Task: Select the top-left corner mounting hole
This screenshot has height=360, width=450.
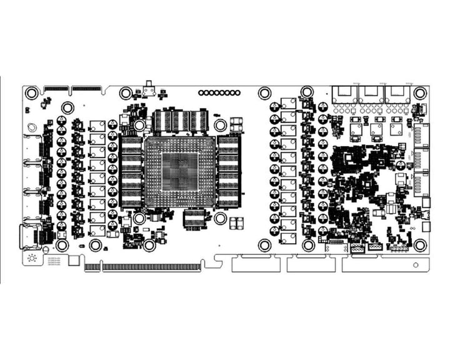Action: click(x=31, y=93)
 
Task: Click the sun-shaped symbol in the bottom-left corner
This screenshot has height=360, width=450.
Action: click(x=32, y=258)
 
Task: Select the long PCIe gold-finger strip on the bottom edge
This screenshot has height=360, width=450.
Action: click(x=152, y=267)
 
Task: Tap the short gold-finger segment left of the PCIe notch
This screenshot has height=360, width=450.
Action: click(x=92, y=267)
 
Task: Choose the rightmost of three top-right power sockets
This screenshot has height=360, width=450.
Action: click(x=398, y=94)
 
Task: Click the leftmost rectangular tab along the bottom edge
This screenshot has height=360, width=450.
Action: click(x=255, y=264)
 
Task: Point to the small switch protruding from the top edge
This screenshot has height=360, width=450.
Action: click(x=149, y=89)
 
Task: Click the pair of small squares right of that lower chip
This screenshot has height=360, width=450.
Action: click(x=236, y=223)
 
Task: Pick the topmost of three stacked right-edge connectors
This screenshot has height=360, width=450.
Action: click(x=422, y=135)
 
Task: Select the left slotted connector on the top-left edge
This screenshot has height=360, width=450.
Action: click(x=56, y=88)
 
